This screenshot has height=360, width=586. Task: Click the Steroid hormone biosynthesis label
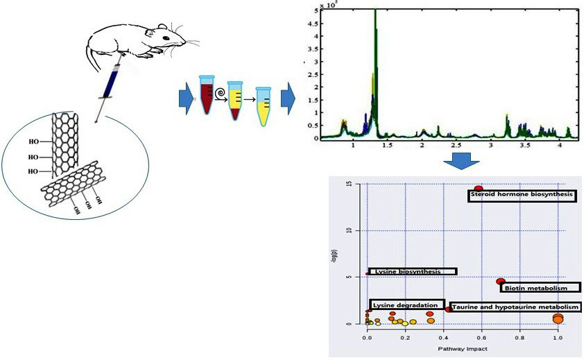coord(522,195)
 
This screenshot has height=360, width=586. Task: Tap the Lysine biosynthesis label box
coord(413,271)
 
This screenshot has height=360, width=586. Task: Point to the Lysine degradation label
coord(407,305)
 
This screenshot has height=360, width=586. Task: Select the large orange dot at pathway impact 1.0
coord(558,318)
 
